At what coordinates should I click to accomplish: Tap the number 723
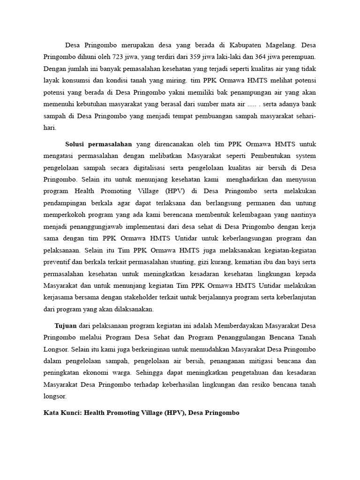(118, 57)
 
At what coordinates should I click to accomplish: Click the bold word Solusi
(75, 144)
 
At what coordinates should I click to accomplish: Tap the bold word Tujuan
(65, 325)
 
